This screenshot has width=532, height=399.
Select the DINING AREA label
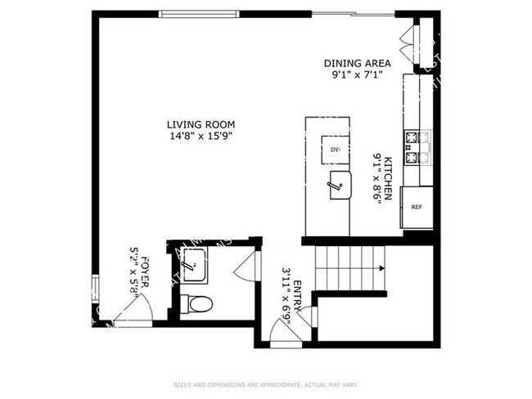pos(357,63)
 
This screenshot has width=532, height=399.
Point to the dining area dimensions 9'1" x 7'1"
pos(357,74)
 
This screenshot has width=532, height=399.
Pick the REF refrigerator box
pos(417,208)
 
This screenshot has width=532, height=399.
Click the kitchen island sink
pos(337,186)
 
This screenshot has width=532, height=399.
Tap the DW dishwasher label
pos(335,150)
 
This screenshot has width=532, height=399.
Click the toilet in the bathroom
pos(196,305)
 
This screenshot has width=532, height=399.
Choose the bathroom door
pos(245,263)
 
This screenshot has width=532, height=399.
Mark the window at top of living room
pos(200,13)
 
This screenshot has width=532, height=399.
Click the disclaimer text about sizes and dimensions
pos(265,383)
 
